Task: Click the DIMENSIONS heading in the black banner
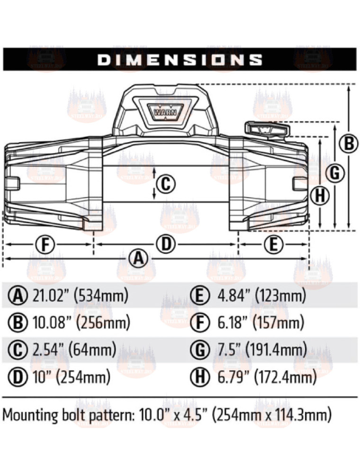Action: [x=180, y=59]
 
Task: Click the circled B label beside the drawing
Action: [x=349, y=143]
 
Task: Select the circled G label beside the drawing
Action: [x=335, y=173]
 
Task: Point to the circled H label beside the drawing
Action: [x=321, y=195]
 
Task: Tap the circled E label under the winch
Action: [x=273, y=245]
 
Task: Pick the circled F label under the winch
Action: [x=45, y=245]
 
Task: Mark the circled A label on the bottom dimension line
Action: [x=138, y=259]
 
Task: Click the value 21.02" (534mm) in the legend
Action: [x=80, y=296]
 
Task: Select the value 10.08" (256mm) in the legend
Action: [x=81, y=323]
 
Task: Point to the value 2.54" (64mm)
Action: [x=74, y=350]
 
